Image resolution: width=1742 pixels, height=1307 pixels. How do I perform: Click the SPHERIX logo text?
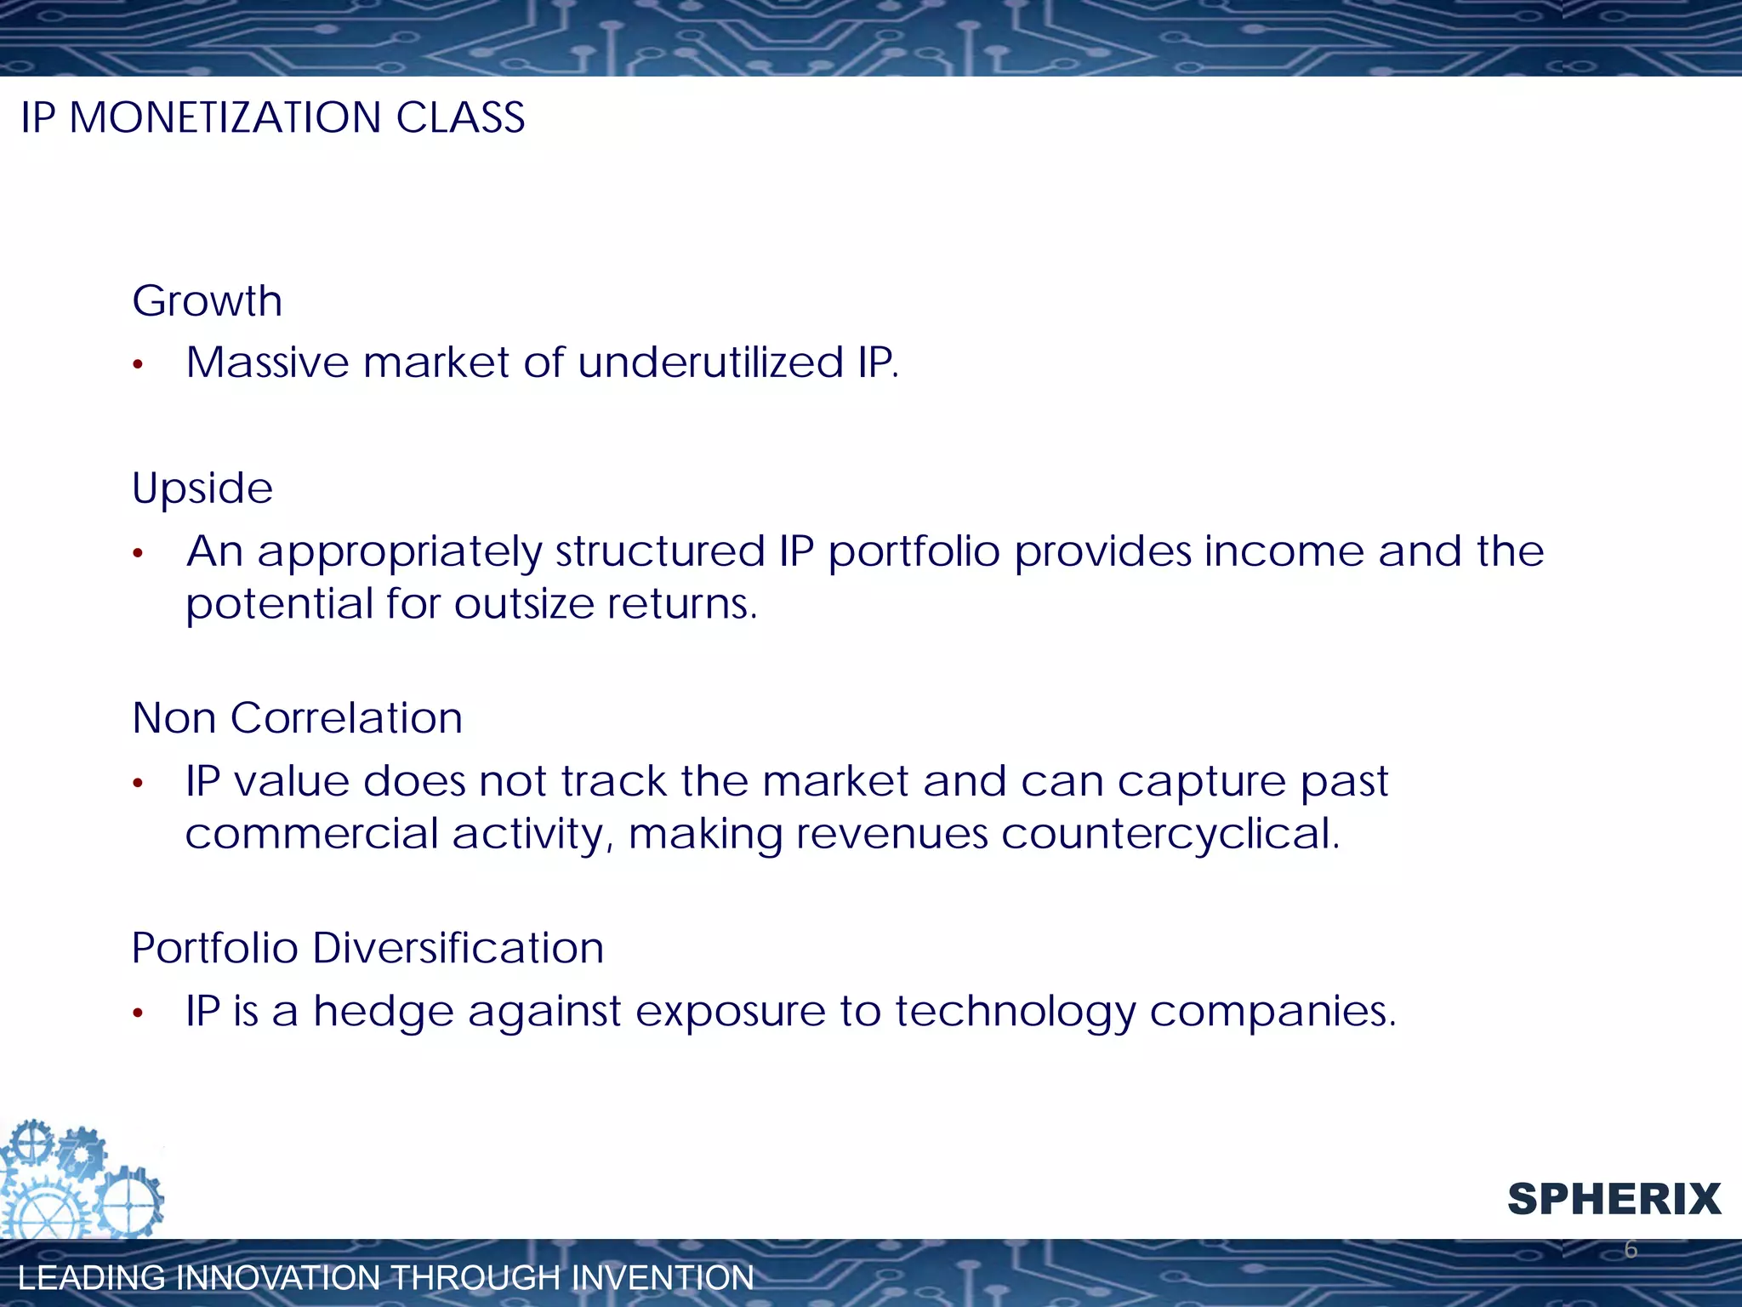[1614, 1200]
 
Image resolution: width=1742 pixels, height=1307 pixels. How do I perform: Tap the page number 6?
[1630, 1249]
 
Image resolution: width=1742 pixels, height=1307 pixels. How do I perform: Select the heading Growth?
[207, 301]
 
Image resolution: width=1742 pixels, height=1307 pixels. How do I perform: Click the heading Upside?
[202, 489]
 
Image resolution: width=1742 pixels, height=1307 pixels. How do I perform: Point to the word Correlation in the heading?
[346, 718]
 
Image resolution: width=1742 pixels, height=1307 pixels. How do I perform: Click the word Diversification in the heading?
[458, 948]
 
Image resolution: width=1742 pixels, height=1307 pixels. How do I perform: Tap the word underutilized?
[710, 363]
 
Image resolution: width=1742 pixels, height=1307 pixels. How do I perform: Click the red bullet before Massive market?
[139, 366]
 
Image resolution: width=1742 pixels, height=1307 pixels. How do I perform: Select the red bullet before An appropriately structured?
[139, 555]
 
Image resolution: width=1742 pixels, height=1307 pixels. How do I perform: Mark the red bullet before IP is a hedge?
[139, 1013]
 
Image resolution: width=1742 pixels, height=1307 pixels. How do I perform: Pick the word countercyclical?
[1170, 835]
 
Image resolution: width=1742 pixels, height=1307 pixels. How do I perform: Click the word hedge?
[382, 1012]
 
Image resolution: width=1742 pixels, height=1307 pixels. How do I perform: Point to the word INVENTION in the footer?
[663, 1278]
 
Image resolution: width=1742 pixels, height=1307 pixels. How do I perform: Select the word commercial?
[310, 834]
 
